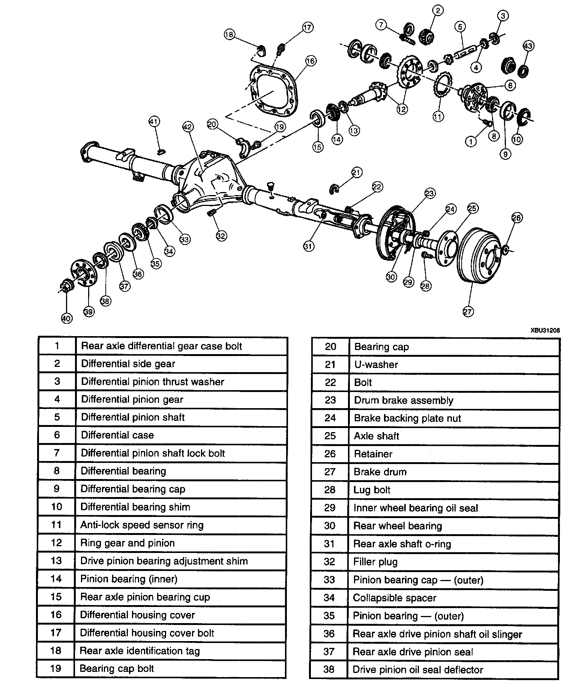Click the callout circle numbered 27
coord(468,311)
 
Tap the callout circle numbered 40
coord(66,318)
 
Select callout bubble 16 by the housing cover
coord(310,61)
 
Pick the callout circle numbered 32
coord(221,236)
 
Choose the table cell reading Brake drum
coord(380,472)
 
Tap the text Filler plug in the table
coord(375,562)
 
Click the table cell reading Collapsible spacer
coord(394,598)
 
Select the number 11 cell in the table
coord(56,524)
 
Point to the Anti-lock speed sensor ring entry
coord(142,525)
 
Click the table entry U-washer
coord(376,365)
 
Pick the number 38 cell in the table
coord(329,670)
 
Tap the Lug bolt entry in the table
coord(372,490)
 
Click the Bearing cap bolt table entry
coord(117,668)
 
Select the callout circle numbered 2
coord(438,10)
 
